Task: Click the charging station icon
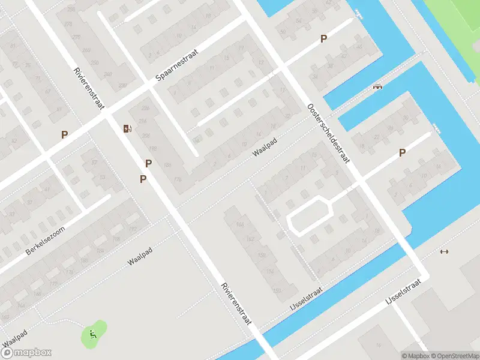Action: point(127,128)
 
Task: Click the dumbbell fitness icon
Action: point(444,251)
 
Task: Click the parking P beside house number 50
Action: point(323,39)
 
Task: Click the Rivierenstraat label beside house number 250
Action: point(89,89)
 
